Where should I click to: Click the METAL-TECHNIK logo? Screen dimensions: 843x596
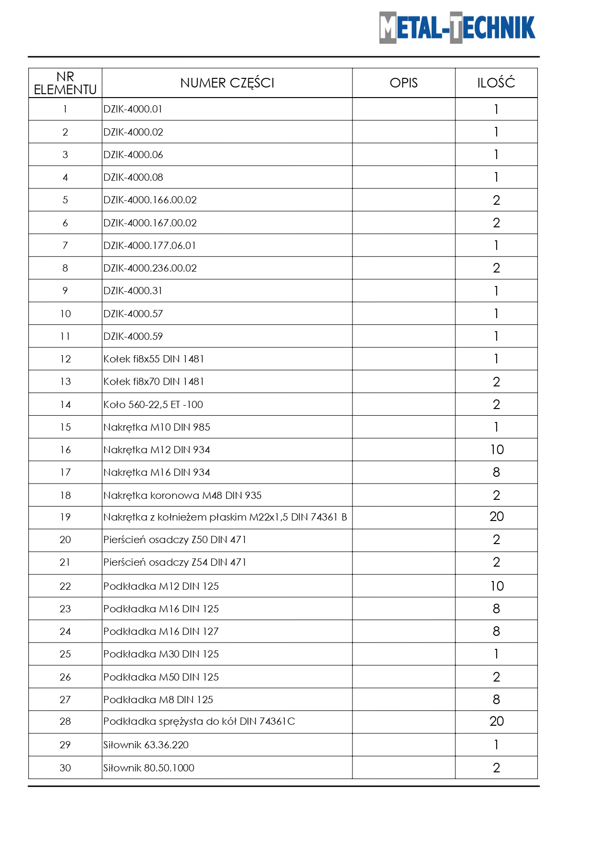pyautogui.click(x=457, y=28)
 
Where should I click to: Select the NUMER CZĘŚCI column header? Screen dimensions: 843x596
pyautogui.click(x=227, y=83)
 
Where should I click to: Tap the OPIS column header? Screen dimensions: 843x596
pyautogui.click(x=403, y=83)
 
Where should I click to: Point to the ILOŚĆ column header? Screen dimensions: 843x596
pyautogui.click(x=496, y=83)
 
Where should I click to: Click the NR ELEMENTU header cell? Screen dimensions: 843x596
pyautogui.click(x=65, y=83)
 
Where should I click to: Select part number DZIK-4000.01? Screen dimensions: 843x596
pyautogui.click(x=133, y=109)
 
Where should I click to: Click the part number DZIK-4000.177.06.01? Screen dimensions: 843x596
pyautogui.click(x=150, y=246)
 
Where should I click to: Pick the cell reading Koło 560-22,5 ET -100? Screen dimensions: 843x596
pyautogui.click(x=153, y=405)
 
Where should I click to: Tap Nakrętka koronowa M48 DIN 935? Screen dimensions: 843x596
pyautogui.click(x=182, y=496)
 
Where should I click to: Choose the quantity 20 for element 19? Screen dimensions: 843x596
pyautogui.click(x=497, y=517)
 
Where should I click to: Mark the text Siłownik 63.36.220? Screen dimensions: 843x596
pyautogui.click(x=146, y=745)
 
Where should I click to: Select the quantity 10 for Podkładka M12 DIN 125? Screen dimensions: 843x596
pyautogui.click(x=497, y=586)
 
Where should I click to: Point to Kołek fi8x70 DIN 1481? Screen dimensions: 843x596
pyautogui.click(x=154, y=382)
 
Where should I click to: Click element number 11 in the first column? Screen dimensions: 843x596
pyautogui.click(x=65, y=336)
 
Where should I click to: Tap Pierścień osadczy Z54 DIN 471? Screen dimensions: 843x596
pyautogui.click(x=175, y=562)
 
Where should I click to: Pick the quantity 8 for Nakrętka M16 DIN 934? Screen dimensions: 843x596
pyautogui.click(x=497, y=472)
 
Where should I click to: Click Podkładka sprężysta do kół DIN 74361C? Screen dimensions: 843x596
pyautogui.click(x=199, y=721)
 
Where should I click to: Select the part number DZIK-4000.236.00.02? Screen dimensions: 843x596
pyautogui.click(x=150, y=268)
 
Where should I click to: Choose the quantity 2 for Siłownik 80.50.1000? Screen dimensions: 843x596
pyautogui.click(x=497, y=768)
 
